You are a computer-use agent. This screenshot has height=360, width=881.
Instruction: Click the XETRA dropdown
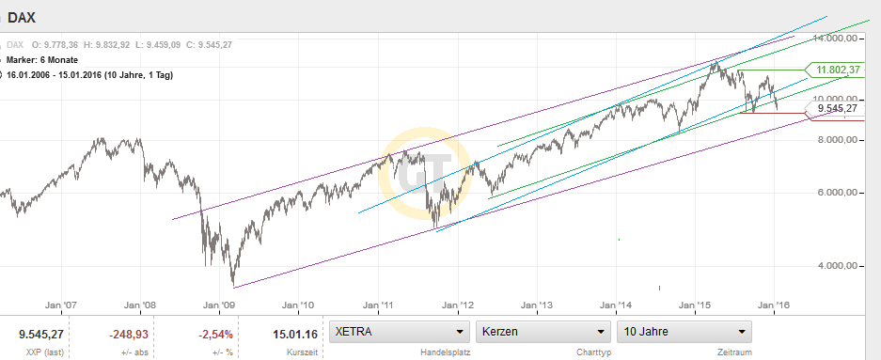pos(400,332)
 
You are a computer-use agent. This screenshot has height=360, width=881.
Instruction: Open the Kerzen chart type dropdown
pos(543,332)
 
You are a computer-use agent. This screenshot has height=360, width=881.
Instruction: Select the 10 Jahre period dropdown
pos(684,332)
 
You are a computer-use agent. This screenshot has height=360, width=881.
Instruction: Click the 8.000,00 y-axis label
pos(839,139)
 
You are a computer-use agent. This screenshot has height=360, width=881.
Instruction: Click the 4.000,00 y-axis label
pos(839,266)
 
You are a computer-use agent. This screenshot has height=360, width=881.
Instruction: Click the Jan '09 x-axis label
pos(220,305)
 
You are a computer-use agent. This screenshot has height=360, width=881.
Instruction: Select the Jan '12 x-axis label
pos(459,305)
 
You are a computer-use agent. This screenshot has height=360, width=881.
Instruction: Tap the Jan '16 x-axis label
pos(774,305)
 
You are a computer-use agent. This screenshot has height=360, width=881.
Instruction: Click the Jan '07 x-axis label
pos(60,305)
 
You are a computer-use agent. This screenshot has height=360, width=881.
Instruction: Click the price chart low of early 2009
pos(233,285)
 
